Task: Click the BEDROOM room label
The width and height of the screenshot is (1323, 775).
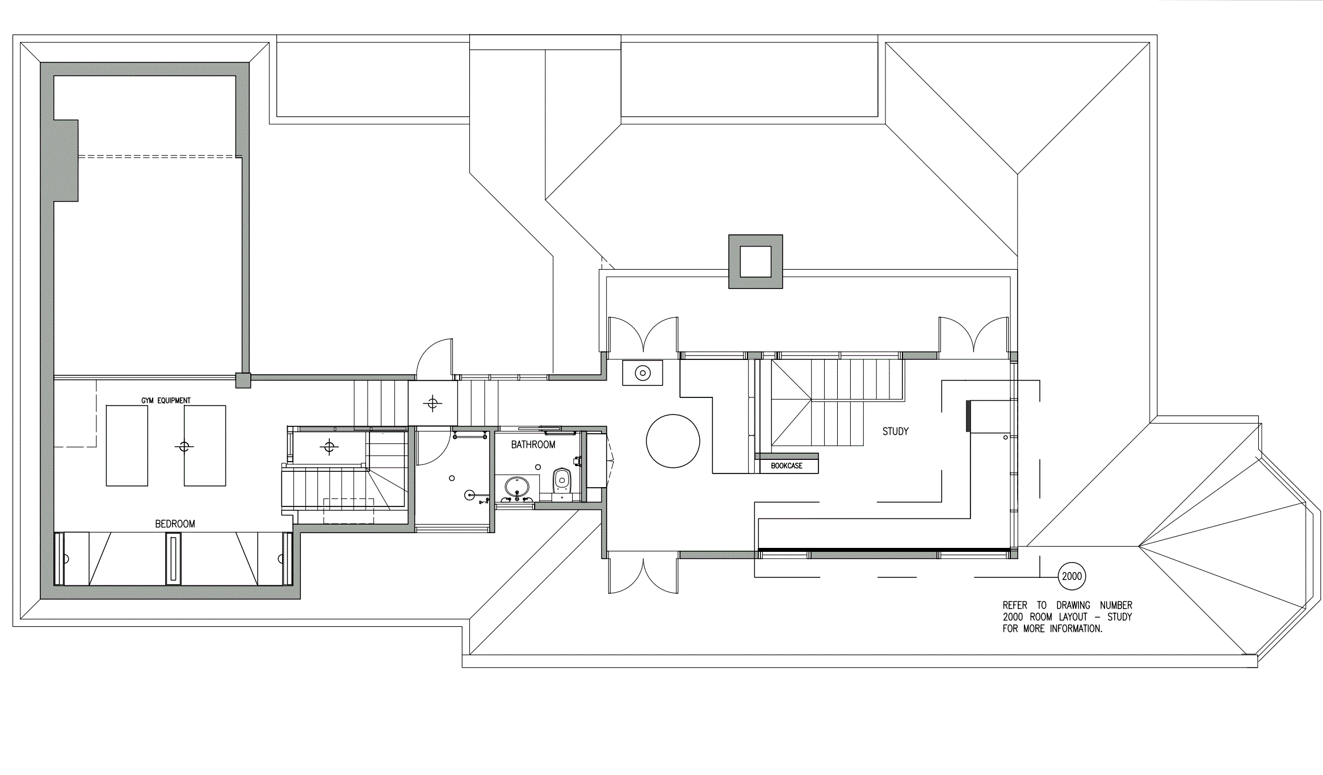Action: pos(175,524)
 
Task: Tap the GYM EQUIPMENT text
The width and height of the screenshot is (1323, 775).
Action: pos(166,400)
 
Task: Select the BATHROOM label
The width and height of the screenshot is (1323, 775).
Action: pos(533,445)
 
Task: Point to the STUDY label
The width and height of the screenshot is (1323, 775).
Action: pos(895,432)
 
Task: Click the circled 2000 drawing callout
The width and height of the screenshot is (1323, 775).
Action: pos(1072,576)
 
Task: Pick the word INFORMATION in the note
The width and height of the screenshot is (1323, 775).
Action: pos(1076,629)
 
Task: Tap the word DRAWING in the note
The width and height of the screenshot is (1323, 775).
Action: pos(1073,605)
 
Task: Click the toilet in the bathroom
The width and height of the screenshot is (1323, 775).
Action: pos(561,480)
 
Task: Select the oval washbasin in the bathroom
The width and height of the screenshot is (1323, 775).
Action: pos(516,487)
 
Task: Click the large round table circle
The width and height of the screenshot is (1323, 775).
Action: pos(673,441)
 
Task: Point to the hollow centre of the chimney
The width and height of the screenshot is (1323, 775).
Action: pos(755,261)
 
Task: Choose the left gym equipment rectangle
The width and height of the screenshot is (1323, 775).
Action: pos(127,446)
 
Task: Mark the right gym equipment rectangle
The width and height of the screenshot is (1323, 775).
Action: pos(205,446)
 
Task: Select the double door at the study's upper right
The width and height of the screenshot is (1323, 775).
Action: pos(974,335)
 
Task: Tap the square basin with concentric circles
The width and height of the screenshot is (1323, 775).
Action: pos(642,373)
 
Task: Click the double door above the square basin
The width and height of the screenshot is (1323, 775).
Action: pos(643,335)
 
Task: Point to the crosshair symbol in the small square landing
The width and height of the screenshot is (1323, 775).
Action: pos(432,404)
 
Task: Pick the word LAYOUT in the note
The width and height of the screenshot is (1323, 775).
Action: pos(1073,617)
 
